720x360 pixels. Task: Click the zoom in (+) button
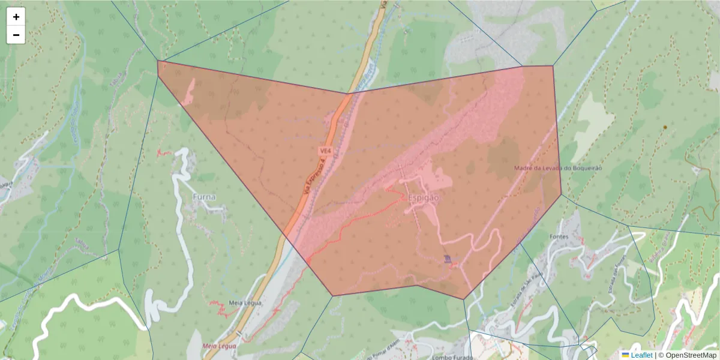coord(16,17)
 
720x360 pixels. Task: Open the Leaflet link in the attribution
coord(641,355)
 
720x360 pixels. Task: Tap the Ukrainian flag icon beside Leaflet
coord(625,355)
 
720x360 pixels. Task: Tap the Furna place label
coord(204,197)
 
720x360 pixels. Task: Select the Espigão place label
coord(423,197)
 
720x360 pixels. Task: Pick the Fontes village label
coord(559,237)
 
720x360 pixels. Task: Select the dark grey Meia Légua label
coord(245,303)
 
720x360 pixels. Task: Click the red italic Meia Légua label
coord(219,346)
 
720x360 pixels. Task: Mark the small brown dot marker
coord(665,127)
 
